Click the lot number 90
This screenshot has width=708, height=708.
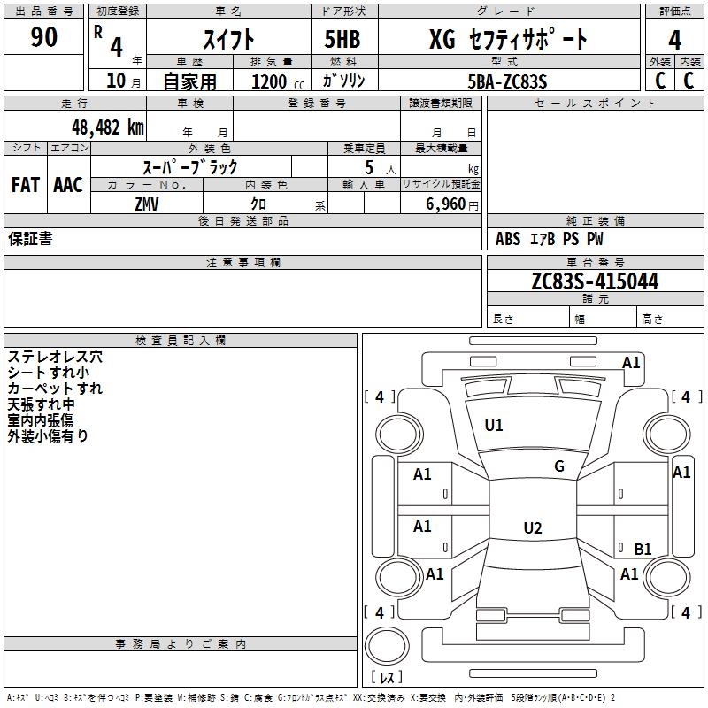coord(44,38)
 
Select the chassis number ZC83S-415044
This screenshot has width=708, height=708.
coord(595,282)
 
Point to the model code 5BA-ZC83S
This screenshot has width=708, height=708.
coord(508,81)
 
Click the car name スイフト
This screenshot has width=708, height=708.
coord(228,39)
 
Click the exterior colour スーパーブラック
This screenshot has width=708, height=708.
coord(190,166)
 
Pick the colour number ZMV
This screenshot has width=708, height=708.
coord(147,204)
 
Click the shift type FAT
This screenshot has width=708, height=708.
coord(26,185)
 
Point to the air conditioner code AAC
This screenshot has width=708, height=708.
coord(68,185)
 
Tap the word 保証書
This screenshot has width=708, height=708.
coord(30,239)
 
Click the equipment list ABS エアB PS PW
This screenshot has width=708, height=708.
coord(550,239)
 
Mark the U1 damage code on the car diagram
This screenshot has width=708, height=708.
coord(494,426)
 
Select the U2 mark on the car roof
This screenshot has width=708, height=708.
coord(532,528)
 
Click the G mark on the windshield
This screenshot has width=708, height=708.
coord(558,466)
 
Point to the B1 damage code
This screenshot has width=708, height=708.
coord(643,549)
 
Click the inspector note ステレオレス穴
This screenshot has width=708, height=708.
coord(55,357)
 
